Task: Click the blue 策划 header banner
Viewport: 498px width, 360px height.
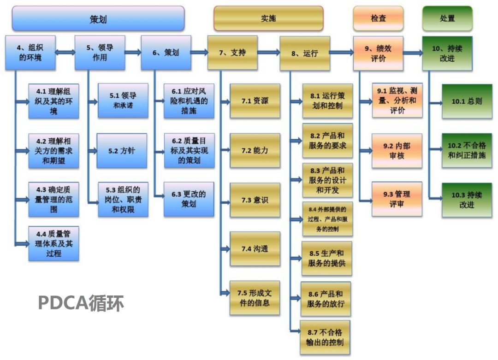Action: click(98, 18)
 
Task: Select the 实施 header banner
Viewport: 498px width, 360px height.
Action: click(268, 18)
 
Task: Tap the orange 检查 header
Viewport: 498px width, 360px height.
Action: click(378, 18)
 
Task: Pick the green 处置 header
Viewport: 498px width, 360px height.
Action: click(447, 18)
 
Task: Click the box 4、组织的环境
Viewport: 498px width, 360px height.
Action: click(30, 53)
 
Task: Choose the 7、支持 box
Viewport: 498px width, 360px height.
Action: click(232, 53)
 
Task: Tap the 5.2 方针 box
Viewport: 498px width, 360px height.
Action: click(122, 151)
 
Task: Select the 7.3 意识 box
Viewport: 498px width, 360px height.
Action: click(255, 200)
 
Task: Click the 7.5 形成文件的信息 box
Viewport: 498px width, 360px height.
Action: click(255, 298)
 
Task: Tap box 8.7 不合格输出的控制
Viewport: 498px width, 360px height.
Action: click(325, 337)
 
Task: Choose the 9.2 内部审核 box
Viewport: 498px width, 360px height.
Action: click(397, 151)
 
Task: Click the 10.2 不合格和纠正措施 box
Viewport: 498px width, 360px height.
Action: click(467, 151)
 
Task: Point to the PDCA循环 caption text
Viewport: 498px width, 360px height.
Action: click(81, 303)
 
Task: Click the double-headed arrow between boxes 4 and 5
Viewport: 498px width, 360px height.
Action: click(65, 53)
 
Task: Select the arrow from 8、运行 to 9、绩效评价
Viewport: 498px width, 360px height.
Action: click(341, 53)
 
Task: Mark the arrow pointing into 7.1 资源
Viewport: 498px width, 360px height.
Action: click(224, 101)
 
